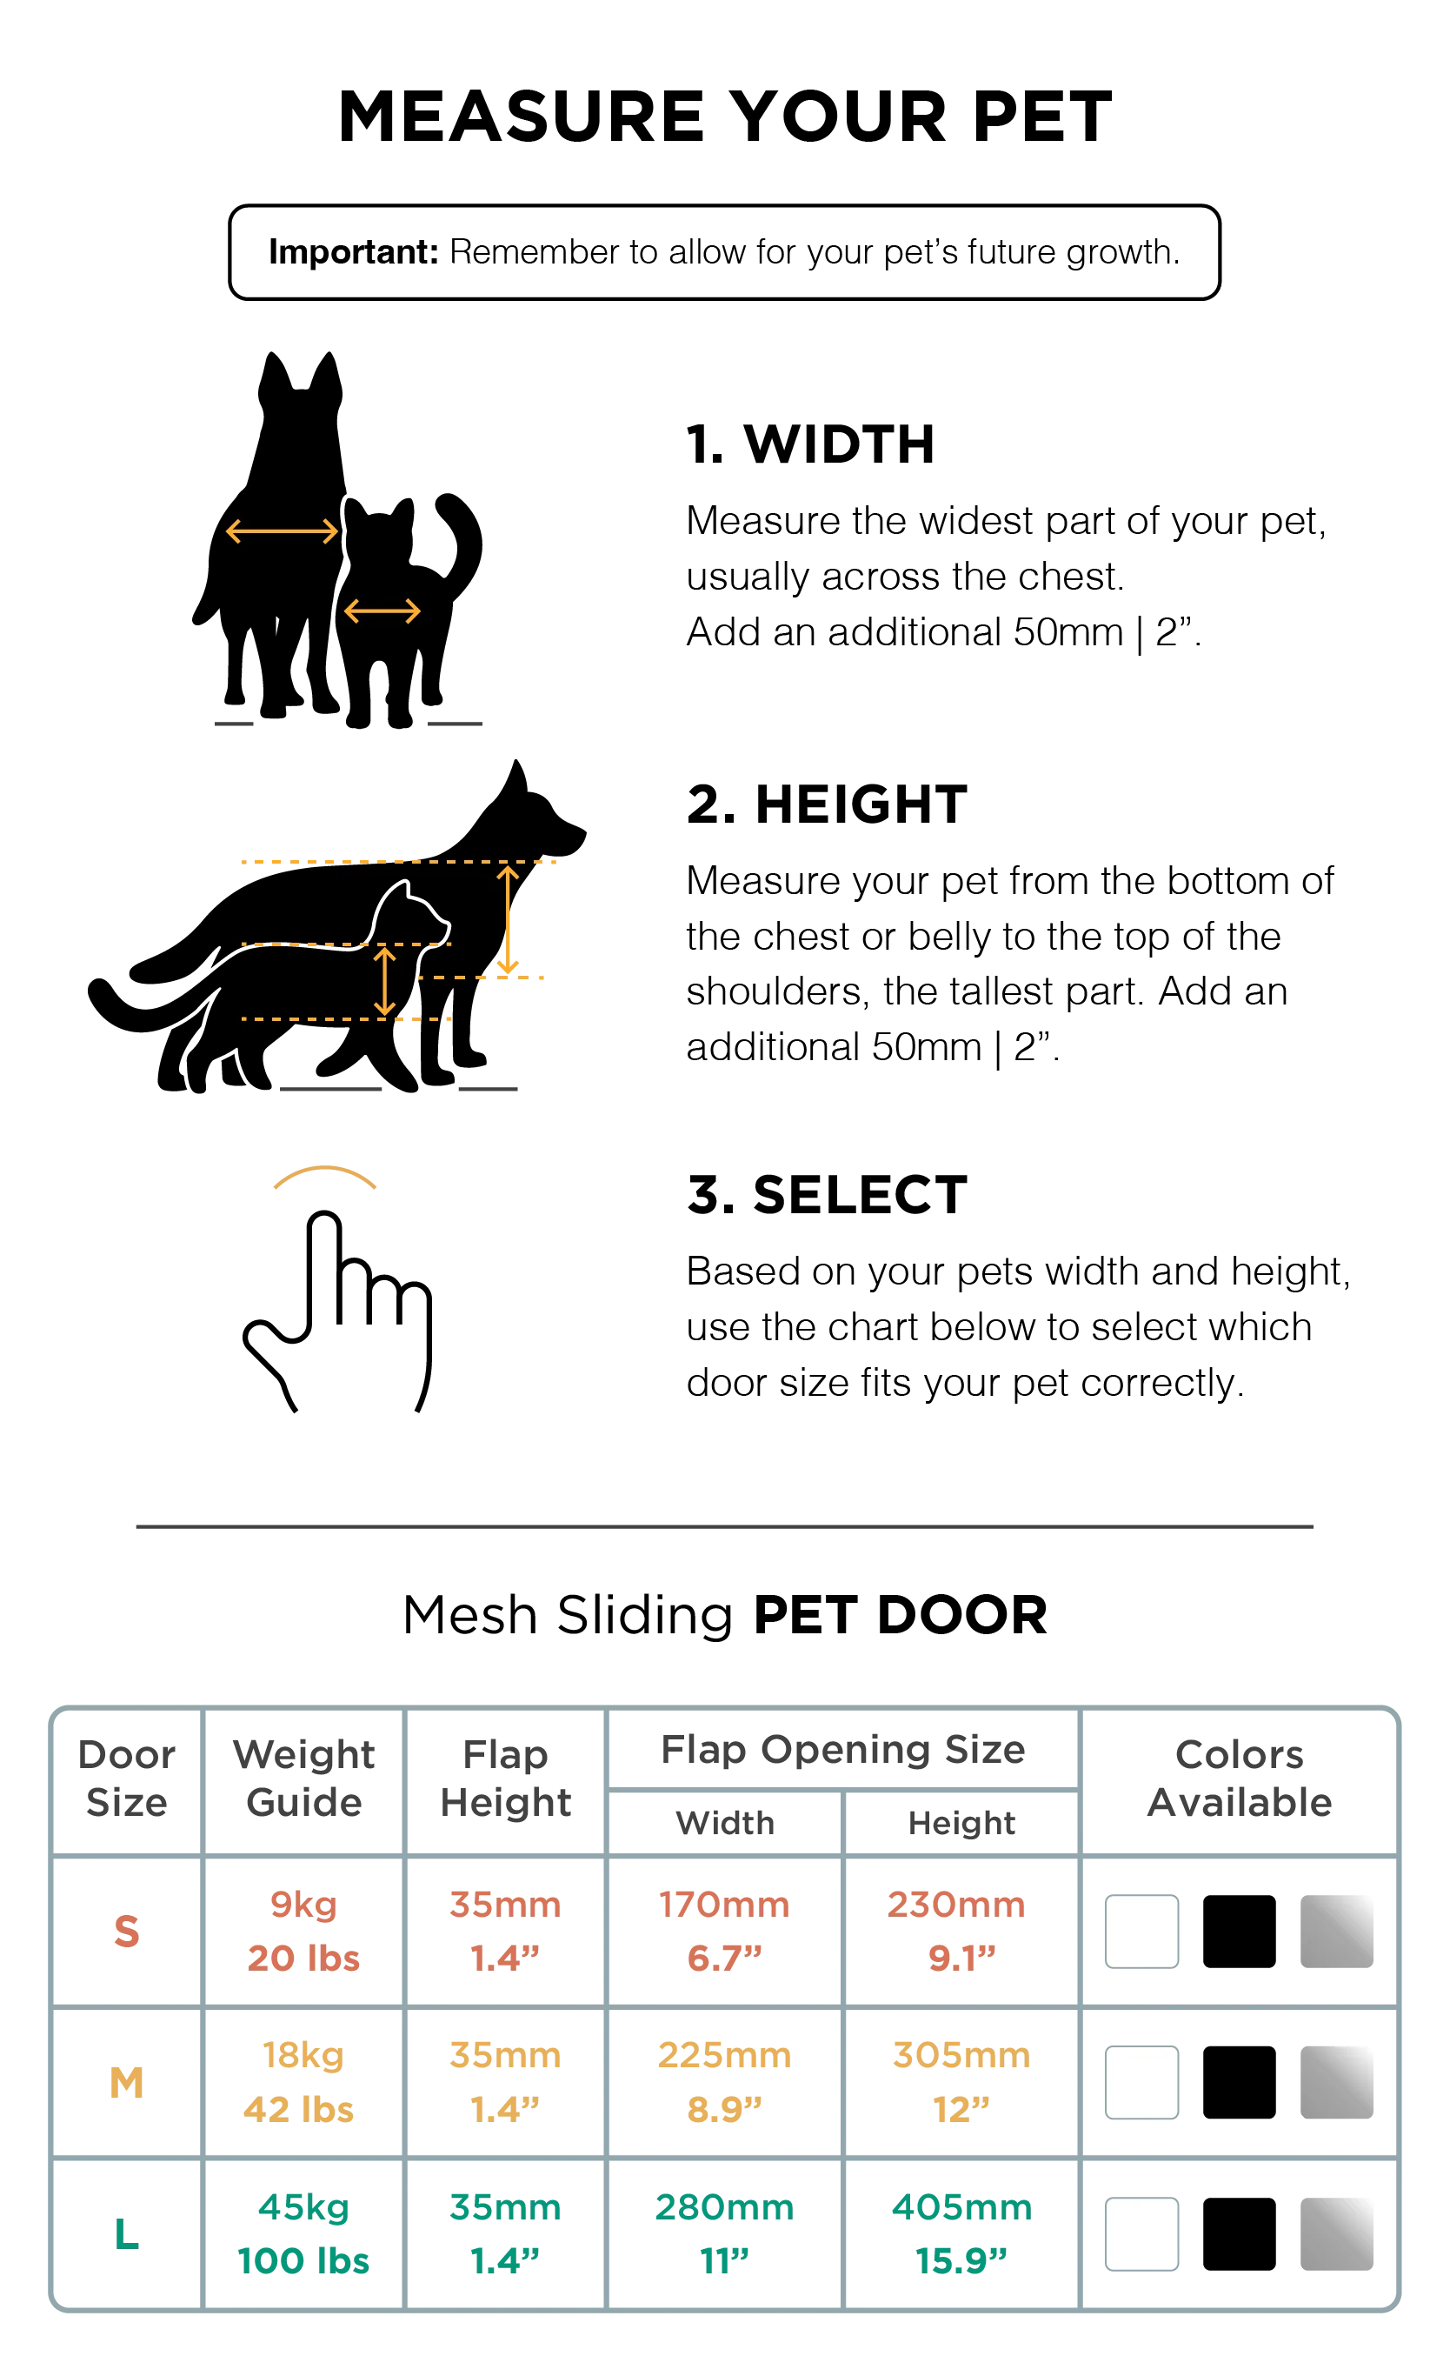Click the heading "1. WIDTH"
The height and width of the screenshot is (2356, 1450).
(810, 445)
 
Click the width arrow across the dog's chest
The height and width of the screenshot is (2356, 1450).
(282, 531)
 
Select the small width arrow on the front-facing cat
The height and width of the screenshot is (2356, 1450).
(382, 611)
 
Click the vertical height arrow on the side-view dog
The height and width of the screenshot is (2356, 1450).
(509, 920)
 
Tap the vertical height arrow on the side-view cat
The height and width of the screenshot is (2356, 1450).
(384, 980)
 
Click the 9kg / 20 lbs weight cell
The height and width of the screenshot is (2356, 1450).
(303, 1930)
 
